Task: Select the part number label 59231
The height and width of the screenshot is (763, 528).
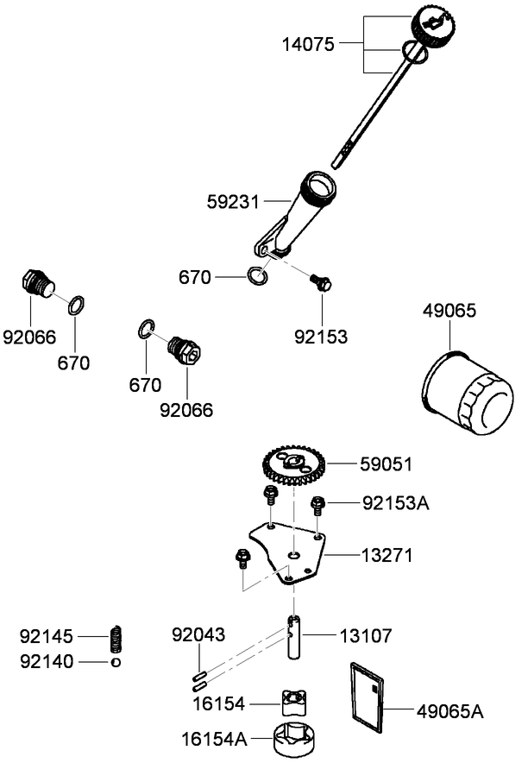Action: click(x=232, y=200)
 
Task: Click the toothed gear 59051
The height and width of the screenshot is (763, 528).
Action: click(x=293, y=468)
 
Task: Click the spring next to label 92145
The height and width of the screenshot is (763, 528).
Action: click(x=115, y=640)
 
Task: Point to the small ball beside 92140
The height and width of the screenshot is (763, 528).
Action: click(x=115, y=662)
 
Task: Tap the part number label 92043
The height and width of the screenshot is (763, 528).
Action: click(x=198, y=635)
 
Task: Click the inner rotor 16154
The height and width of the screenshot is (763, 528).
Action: click(x=293, y=703)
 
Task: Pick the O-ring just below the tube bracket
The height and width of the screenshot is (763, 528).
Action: click(x=256, y=276)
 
